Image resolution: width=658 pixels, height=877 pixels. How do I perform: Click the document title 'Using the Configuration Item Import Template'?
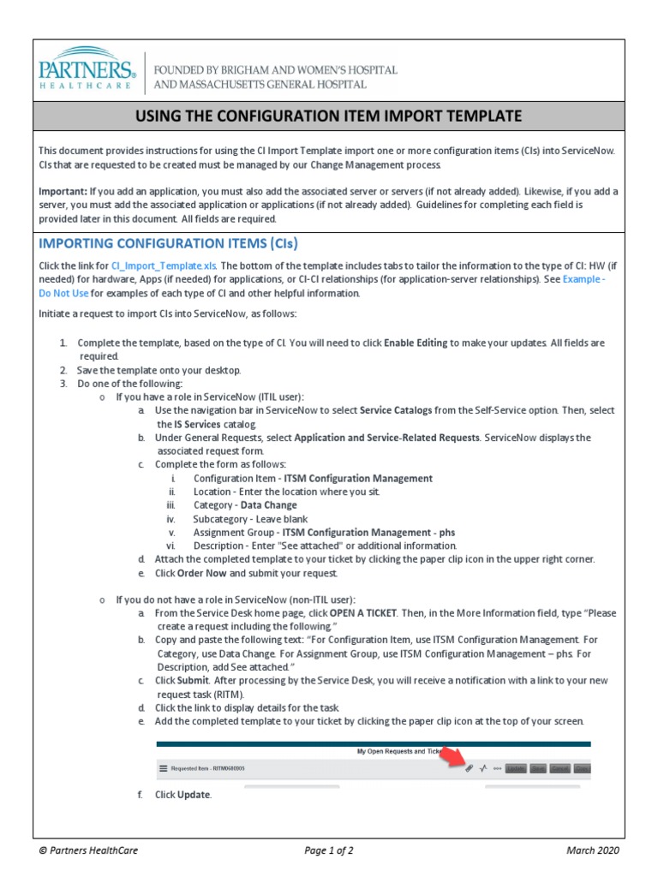(x=329, y=116)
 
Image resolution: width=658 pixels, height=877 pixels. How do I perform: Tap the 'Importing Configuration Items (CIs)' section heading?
(x=169, y=242)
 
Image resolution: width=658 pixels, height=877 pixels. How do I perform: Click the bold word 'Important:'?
(x=63, y=191)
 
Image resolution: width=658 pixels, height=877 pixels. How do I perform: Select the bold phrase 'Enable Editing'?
(x=416, y=343)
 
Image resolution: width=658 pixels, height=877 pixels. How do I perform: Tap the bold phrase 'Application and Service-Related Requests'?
(x=386, y=438)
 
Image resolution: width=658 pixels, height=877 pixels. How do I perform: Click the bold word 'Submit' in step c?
(x=193, y=681)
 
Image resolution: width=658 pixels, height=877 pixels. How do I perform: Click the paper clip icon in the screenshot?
(x=469, y=768)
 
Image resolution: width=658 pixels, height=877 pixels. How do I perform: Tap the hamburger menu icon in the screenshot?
(x=164, y=768)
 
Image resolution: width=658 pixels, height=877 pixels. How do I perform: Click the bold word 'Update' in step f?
(x=193, y=795)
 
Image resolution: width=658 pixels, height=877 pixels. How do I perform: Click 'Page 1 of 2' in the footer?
(x=329, y=850)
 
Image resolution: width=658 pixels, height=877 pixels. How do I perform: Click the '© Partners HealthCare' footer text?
(x=89, y=850)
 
